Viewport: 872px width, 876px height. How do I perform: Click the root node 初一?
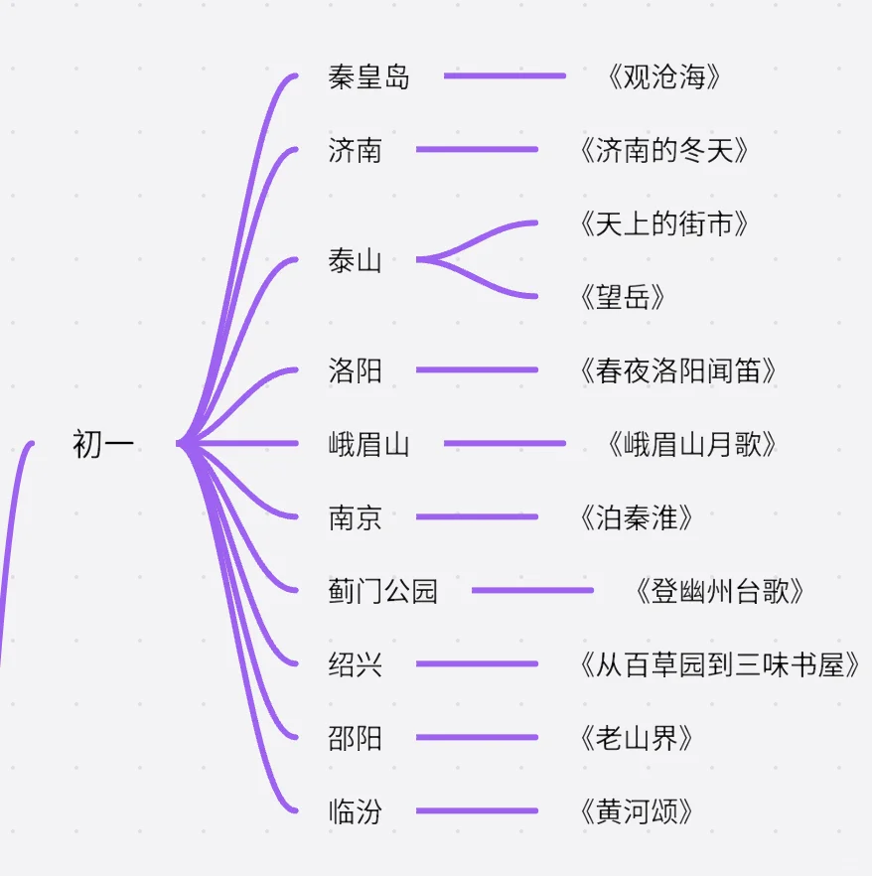(x=103, y=444)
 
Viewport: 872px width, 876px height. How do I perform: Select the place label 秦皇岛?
(x=368, y=76)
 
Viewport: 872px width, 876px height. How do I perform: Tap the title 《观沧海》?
(x=662, y=76)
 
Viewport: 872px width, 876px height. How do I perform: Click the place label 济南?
(x=355, y=150)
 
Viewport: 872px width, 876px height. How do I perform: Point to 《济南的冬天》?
(x=662, y=150)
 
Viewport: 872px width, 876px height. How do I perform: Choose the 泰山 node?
(x=355, y=261)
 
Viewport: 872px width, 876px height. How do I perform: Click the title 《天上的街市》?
(x=662, y=223)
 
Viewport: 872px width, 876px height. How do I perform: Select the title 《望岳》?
(x=621, y=297)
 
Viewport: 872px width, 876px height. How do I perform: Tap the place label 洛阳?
(x=355, y=370)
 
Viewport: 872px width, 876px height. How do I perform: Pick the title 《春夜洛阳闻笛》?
(x=676, y=370)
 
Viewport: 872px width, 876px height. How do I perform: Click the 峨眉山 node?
(x=368, y=444)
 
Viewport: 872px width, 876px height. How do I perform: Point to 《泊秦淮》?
(x=635, y=517)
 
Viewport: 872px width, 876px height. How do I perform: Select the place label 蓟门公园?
(x=382, y=591)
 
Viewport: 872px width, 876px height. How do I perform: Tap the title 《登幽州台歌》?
(x=718, y=591)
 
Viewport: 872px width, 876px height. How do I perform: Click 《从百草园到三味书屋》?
(x=718, y=664)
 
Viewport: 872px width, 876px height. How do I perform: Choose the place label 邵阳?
(x=355, y=738)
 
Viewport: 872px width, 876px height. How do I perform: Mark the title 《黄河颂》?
(x=635, y=811)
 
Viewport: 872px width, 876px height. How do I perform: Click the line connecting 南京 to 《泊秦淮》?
(x=477, y=517)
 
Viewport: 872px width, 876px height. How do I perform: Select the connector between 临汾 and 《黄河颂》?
(x=477, y=811)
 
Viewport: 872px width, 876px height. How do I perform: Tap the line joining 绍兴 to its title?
(x=477, y=664)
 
